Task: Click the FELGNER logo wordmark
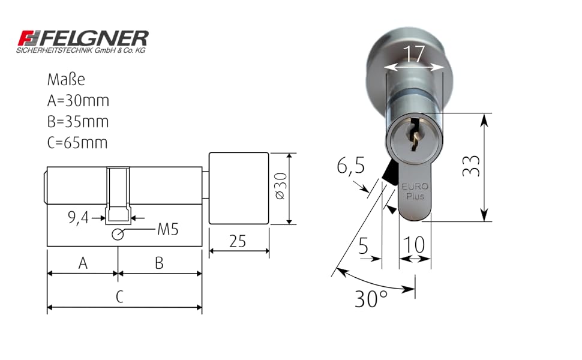[x=82, y=39]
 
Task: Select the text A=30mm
[x=78, y=101]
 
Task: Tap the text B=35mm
[x=78, y=122]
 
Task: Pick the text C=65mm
[x=78, y=143]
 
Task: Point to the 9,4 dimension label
[x=78, y=218]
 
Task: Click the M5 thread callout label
[x=167, y=229]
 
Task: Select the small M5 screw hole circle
[x=118, y=235]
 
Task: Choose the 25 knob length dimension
[x=238, y=241]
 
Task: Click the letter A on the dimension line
[x=82, y=263]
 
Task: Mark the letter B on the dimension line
[x=159, y=263]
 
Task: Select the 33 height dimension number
[x=472, y=166]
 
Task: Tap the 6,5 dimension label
[x=350, y=166]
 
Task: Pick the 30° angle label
[x=371, y=298]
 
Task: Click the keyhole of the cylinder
[x=413, y=136]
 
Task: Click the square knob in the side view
[x=238, y=188]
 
